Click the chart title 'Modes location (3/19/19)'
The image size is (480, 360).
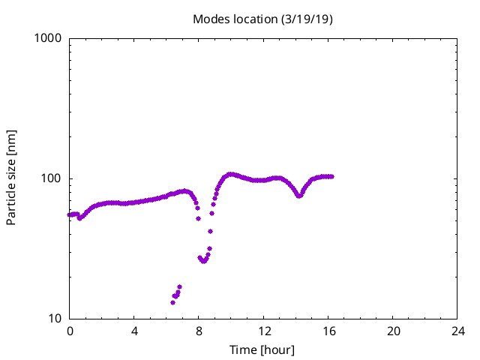click(x=262, y=19)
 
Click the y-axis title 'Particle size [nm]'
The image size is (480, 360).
click(x=11, y=178)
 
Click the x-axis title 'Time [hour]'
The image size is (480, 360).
click(x=262, y=350)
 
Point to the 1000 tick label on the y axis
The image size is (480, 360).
click(x=48, y=38)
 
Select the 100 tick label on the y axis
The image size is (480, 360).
click(x=51, y=178)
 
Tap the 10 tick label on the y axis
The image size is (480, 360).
click(x=55, y=319)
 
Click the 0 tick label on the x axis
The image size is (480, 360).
click(x=70, y=331)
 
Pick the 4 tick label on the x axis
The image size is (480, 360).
click(x=134, y=331)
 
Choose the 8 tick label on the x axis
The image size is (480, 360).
click(x=199, y=331)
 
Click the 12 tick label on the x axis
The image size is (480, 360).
click(x=264, y=331)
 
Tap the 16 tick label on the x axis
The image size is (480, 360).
click(x=328, y=331)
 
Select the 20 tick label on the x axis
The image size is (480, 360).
click(x=393, y=331)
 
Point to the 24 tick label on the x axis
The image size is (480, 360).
click(x=457, y=331)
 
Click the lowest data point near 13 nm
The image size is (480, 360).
click(x=172, y=302)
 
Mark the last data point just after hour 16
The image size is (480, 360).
click(x=331, y=177)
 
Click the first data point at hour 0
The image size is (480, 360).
click(x=69, y=214)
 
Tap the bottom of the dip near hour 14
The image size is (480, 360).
click(x=299, y=196)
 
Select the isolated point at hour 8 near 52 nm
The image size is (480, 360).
click(x=198, y=218)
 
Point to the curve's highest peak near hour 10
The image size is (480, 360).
click(x=231, y=174)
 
